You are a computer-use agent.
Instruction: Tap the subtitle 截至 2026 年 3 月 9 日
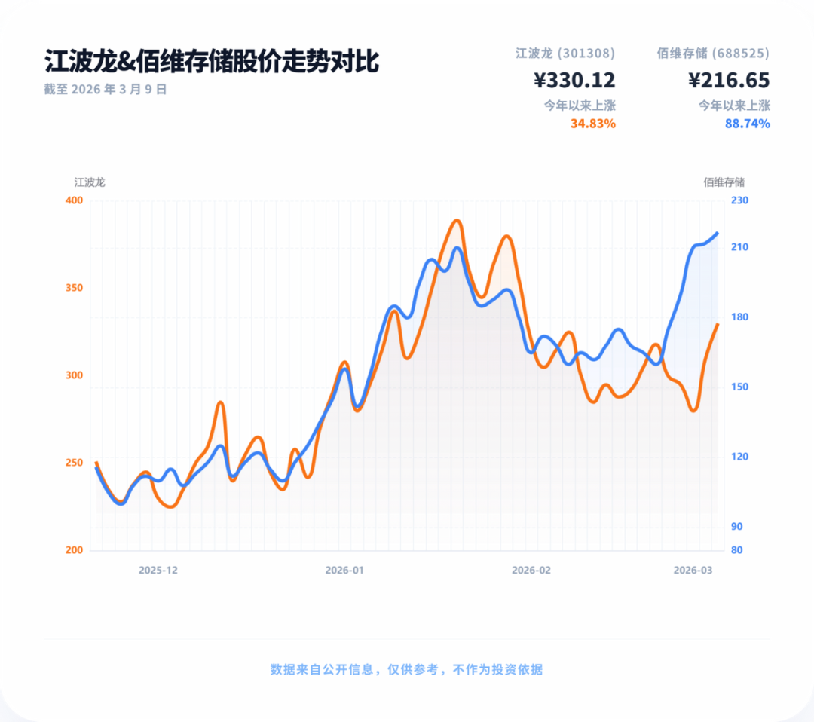click(x=106, y=89)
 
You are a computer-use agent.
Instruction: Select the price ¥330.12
click(x=574, y=80)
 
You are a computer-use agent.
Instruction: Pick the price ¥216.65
click(x=729, y=80)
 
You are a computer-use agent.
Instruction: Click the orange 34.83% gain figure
click(x=592, y=124)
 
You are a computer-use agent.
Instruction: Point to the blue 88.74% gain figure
click(x=747, y=124)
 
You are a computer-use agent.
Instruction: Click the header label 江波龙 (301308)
click(x=565, y=54)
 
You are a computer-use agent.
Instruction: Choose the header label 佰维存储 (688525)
click(x=713, y=54)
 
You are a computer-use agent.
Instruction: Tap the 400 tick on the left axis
click(x=75, y=200)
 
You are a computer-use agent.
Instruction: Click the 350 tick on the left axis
click(x=75, y=288)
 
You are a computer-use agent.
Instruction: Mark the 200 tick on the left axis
click(x=75, y=550)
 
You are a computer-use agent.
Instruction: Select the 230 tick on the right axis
click(x=739, y=200)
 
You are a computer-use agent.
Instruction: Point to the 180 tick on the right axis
click(x=739, y=317)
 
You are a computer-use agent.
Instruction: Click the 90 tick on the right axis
click(x=736, y=526)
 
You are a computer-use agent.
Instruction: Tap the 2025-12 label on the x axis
click(x=158, y=571)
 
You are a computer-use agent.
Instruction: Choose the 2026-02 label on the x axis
click(x=531, y=571)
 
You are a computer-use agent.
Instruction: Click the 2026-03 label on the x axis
click(x=693, y=571)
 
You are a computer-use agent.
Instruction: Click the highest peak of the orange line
click(x=456, y=221)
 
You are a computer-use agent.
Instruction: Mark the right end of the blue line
click(x=718, y=233)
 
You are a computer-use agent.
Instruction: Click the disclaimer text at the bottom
click(x=406, y=669)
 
